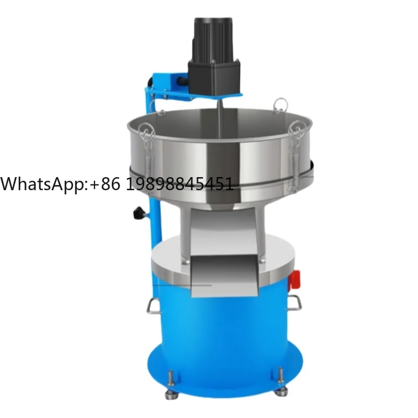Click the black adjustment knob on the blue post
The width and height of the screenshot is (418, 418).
[x=139, y=213]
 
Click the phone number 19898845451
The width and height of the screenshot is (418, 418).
[x=180, y=184]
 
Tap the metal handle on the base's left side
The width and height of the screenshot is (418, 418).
[x=153, y=305]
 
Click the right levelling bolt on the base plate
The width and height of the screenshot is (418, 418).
[x=281, y=377]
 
